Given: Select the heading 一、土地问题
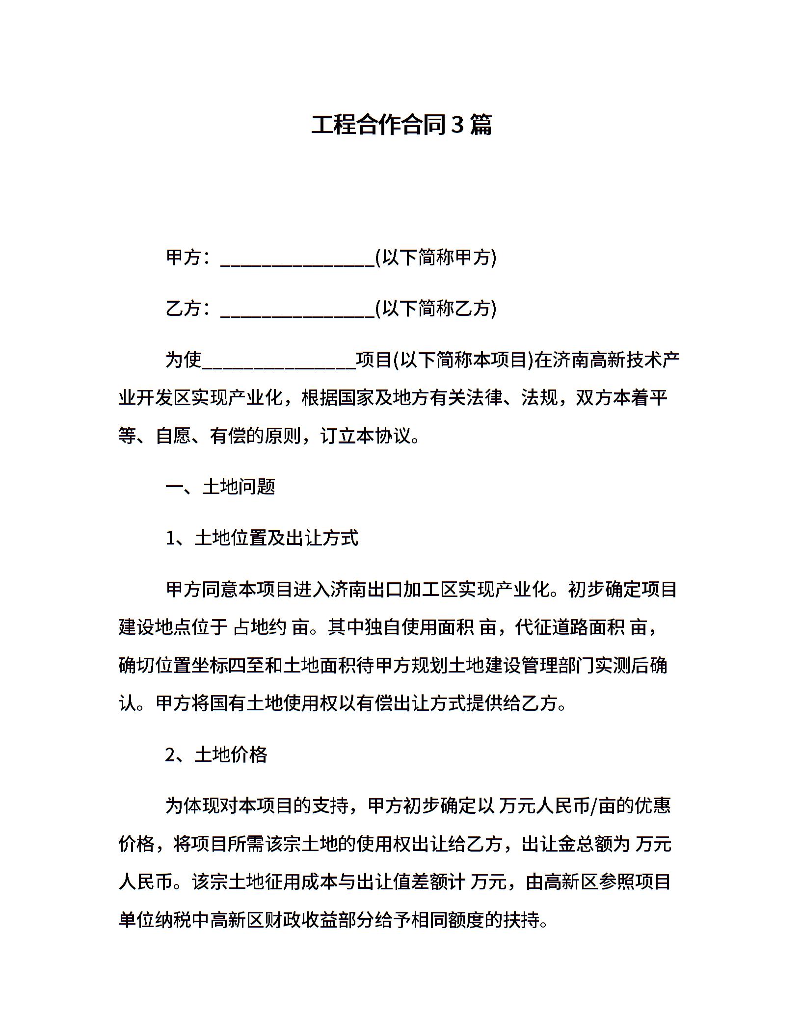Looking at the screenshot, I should [220, 487].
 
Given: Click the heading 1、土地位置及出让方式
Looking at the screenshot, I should [262, 538].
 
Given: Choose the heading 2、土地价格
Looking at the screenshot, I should [216, 754].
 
